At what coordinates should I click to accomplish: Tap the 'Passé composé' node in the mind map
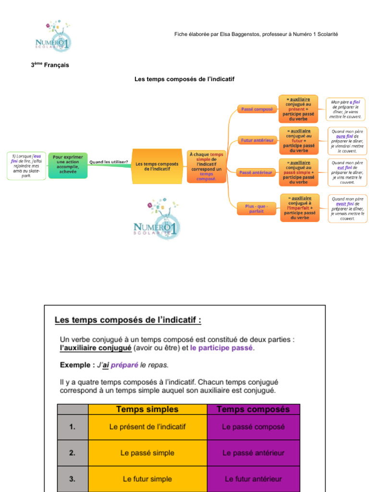(x=256, y=109)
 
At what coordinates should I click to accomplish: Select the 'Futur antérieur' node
(x=257, y=140)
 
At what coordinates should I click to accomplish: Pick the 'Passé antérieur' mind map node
(x=256, y=172)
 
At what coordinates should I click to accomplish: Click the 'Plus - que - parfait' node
(x=257, y=209)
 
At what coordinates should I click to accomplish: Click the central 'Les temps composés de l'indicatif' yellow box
(x=157, y=166)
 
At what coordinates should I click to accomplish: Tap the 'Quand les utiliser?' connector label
(x=109, y=162)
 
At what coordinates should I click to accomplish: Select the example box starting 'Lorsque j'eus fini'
(x=26, y=166)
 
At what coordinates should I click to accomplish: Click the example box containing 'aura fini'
(x=347, y=140)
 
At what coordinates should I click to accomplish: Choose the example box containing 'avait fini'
(x=347, y=208)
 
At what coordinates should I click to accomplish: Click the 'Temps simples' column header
(x=147, y=409)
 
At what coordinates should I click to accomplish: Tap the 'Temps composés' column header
(x=253, y=409)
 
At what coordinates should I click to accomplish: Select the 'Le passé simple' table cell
(x=147, y=453)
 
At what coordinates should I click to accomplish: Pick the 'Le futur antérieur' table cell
(x=253, y=479)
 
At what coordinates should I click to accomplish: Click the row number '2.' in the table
(x=72, y=453)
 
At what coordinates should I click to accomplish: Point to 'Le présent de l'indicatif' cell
(x=147, y=427)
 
